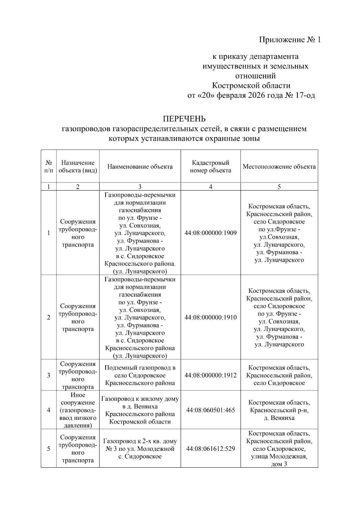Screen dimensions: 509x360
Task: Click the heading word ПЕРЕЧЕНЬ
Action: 184,119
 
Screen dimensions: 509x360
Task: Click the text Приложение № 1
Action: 290,40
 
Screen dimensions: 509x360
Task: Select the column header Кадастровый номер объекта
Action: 210,166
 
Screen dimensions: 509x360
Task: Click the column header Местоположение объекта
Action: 279,166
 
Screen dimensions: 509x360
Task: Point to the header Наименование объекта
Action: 140,166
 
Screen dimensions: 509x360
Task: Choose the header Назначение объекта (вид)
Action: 78,166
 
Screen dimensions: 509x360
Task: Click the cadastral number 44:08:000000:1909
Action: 210,233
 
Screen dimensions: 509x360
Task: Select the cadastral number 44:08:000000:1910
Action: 210,317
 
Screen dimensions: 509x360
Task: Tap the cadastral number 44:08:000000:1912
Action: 210,375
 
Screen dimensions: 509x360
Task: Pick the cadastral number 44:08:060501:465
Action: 210,410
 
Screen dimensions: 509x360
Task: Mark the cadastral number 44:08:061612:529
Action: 210,448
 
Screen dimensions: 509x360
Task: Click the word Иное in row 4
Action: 78,395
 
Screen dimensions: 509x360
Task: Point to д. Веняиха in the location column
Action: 279,418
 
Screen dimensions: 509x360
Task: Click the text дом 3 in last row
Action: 279,464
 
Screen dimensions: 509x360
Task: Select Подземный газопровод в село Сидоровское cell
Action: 140,375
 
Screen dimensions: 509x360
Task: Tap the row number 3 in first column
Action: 49,375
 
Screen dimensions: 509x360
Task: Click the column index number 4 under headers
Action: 210,187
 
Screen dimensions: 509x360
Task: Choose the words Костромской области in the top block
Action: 251,86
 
